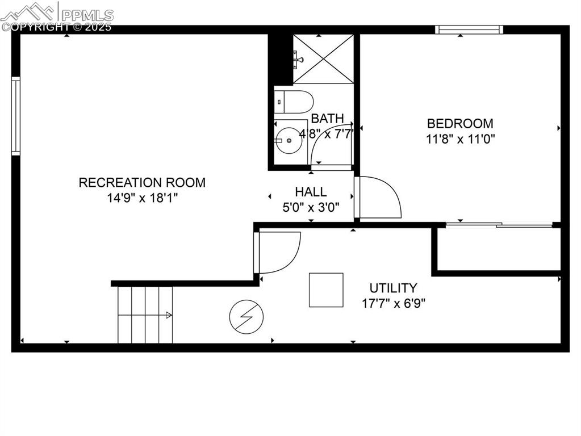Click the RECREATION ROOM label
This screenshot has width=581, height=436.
142,182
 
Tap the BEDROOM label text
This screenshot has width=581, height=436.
460,123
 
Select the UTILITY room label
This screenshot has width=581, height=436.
393,288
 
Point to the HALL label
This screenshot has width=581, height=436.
311,192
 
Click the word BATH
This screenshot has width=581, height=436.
328,119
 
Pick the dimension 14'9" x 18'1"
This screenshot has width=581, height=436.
142,198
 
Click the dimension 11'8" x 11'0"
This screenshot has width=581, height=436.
461,139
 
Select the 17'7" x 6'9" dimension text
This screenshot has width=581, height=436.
394,303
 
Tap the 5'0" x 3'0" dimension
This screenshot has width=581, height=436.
311,207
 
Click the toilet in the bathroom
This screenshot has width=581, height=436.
294,102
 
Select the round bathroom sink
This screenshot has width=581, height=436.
289,140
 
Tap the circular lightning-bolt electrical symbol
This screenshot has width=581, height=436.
246,317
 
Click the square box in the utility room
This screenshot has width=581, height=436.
326,290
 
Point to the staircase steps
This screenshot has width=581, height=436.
145,315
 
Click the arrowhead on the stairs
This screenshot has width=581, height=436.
169,315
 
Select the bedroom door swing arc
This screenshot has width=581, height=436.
381,198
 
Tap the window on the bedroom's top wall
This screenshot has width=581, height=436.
469,30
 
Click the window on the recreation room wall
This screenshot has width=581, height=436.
16,116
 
